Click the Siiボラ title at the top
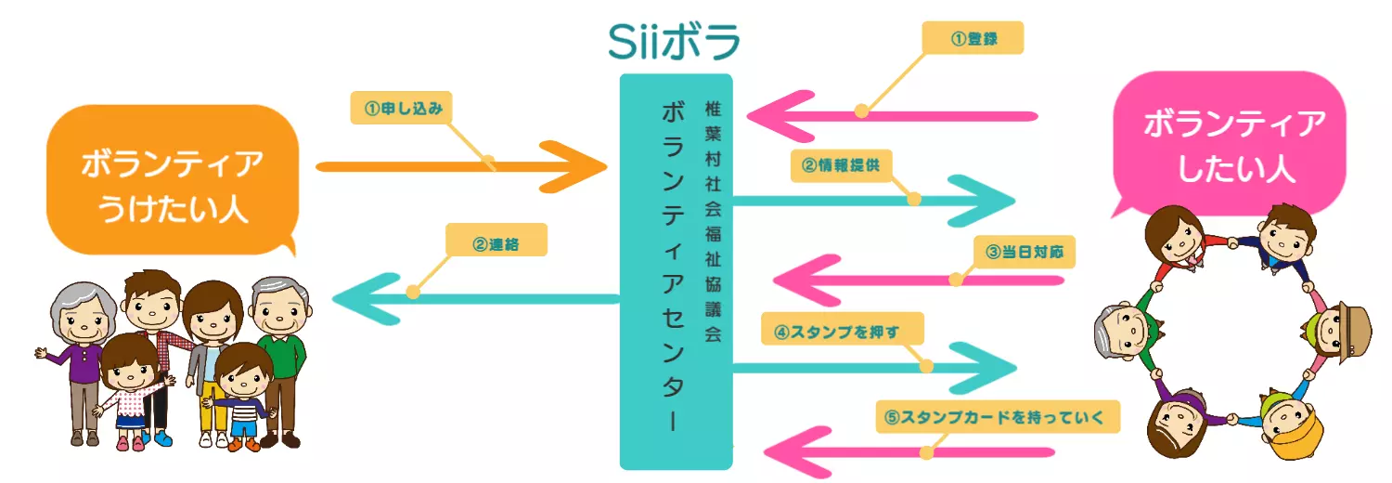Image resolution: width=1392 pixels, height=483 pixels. click(x=675, y=39)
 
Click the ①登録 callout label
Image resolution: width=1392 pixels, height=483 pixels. click(x=973, y=38)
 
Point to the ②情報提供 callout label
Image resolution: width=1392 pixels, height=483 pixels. click(x=841, y=165)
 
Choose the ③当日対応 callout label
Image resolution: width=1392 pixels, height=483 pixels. click(x=1024, y=252)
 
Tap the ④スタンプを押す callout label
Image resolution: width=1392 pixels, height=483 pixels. click(x=843, y=329)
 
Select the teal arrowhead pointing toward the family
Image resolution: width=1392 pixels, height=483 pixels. click(x=357, y=299)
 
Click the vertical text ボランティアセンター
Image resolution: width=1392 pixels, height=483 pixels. click(x=673, y=266)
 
